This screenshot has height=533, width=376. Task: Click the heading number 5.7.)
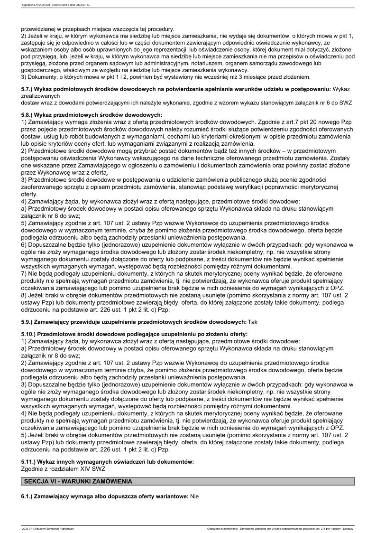tap(28, 89)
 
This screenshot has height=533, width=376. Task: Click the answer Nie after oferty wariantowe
tap(193, 496)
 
